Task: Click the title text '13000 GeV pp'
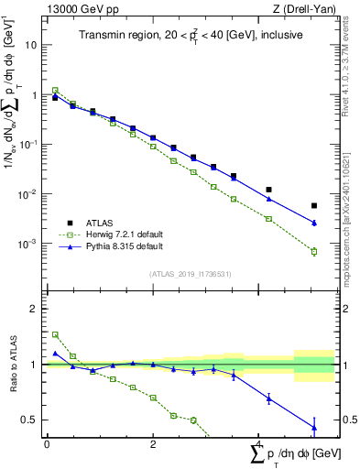click(76, 10)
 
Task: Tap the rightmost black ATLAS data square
click(314, 206)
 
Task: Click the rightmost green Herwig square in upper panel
click(314, 251)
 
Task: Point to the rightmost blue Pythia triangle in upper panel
click(314, 223)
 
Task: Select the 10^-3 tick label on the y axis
click(29, 244)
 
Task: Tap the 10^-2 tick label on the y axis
click(29, 194)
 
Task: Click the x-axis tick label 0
click(47, 444)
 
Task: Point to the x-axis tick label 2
click(152, 444)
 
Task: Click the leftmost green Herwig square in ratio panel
click(55, 334)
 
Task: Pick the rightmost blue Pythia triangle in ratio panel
click(314, 427)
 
